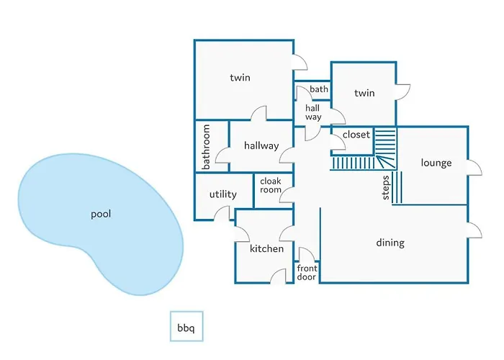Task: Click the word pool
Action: tap(101, 214)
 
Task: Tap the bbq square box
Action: tap(186, 326)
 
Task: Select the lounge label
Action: tap(436, 163)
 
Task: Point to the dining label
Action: tap(390, 243)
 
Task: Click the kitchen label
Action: tap(267, 248)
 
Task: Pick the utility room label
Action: tap(222, 194)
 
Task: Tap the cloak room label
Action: tap(271, 186)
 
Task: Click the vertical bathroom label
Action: tap(206, 147)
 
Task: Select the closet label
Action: tap(356, 135)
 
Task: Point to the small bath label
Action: tap(319, 89)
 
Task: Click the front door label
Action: tap(307, 272)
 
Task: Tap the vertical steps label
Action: tap(386, 188)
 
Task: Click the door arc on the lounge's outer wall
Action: tap(474, 168)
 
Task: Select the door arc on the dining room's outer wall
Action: tap(474, 230)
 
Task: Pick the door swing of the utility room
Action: tap(222, 213)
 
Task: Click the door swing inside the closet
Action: tap(338, 142)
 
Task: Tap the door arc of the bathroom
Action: tap(222, 156)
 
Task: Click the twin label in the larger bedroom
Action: tap(240, 78)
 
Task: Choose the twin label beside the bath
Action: tap(364, 93)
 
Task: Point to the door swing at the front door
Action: tap(307, 254)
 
